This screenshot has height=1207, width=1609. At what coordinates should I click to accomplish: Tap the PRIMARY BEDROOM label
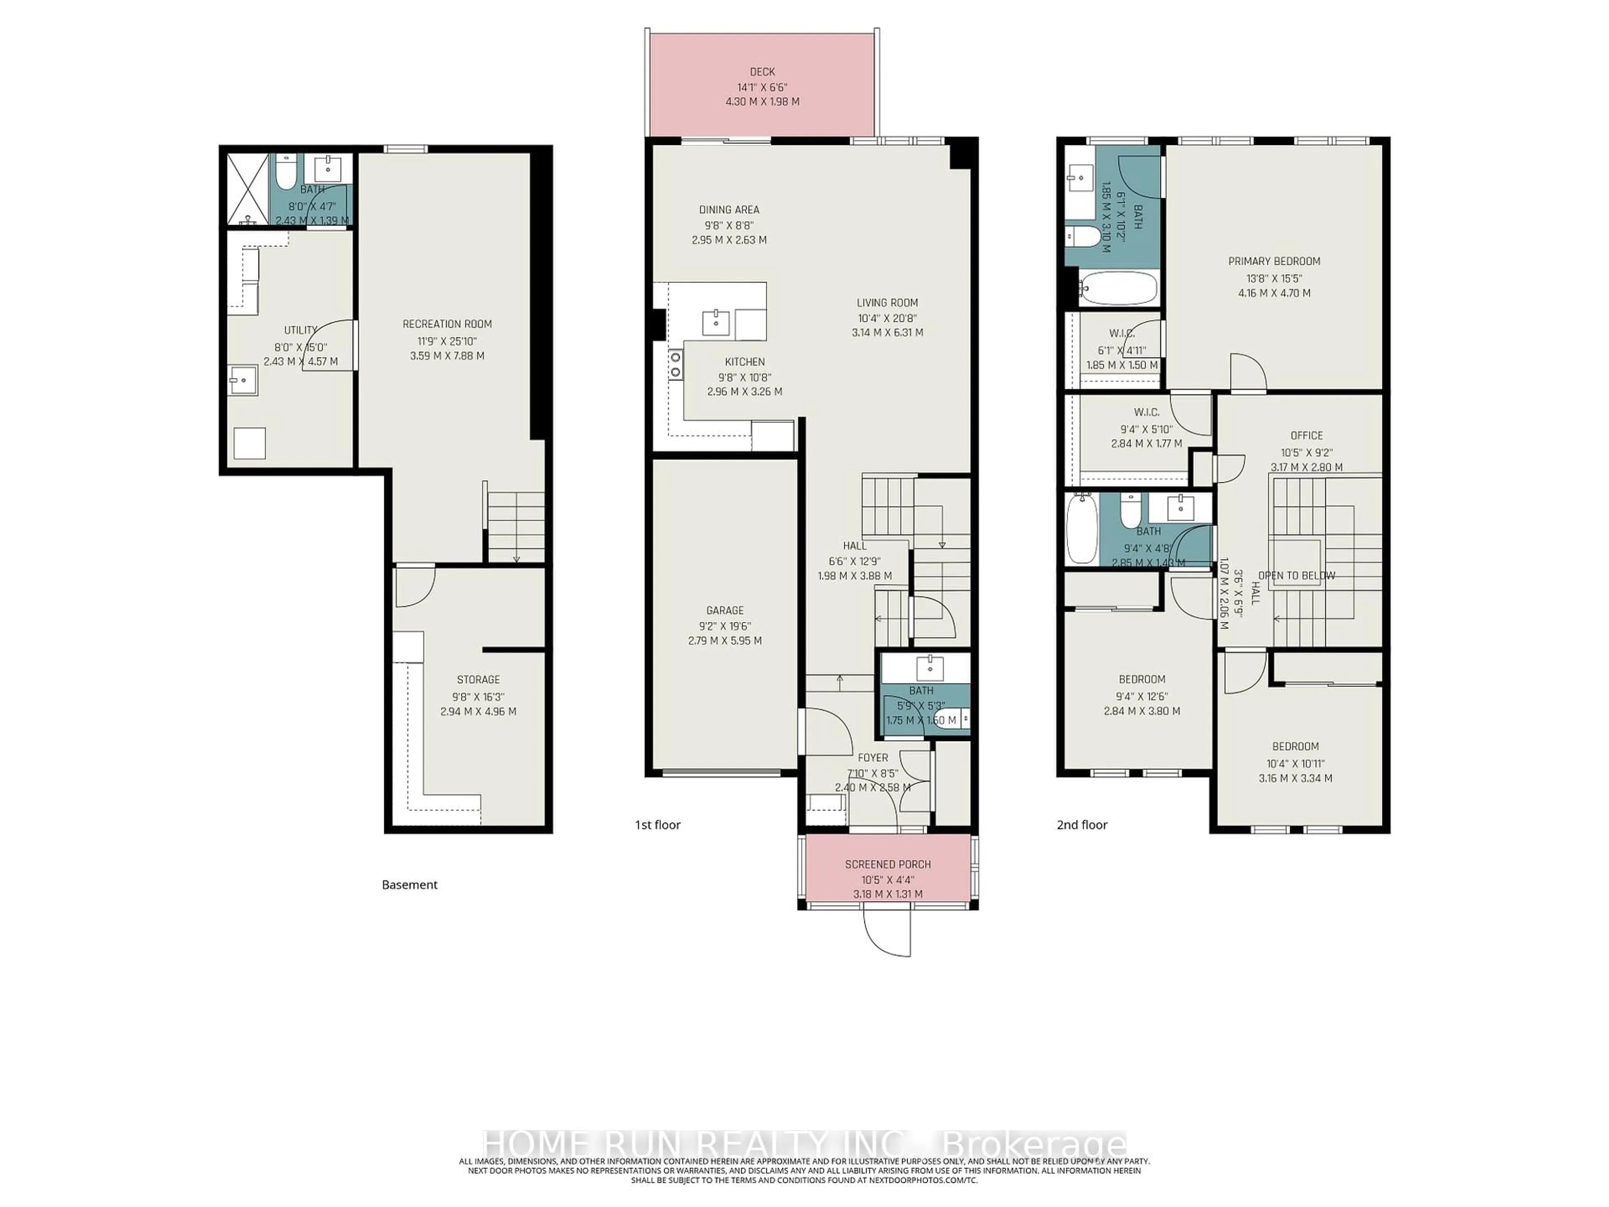(x=1274, y=261)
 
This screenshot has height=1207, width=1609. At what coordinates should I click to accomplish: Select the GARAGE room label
(x=724, y=610)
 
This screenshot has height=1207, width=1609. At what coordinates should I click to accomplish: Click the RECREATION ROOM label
(x=448, y=324)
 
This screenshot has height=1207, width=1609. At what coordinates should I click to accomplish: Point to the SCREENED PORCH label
(x=887, y=864)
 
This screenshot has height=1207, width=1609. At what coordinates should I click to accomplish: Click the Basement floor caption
(x=409, y=885)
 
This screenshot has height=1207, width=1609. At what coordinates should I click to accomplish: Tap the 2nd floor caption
(x=1081, y=824)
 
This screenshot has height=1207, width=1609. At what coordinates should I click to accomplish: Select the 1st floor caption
(x=657, y=824)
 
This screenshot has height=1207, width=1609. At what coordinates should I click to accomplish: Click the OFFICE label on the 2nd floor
(x=1306, y=435)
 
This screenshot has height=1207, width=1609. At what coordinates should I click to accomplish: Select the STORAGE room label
(x=478, y=679)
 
